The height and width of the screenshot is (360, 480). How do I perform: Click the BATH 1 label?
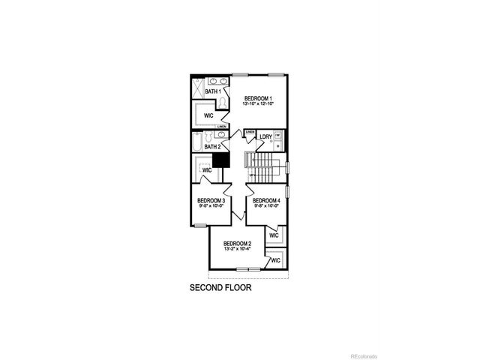(213, 91)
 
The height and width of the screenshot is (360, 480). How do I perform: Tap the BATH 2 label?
(213, 147)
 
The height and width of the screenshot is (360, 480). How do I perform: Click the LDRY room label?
(265, 137)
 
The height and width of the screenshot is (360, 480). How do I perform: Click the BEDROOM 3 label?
(211, 200)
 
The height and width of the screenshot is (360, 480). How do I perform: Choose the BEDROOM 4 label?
(266, 200)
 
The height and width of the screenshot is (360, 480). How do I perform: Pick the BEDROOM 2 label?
(237, 244)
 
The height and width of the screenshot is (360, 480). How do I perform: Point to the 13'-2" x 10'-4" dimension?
(237, 251)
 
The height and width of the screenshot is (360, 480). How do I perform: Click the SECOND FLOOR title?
(220, 287)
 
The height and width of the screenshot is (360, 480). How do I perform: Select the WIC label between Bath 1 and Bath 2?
(208, 116)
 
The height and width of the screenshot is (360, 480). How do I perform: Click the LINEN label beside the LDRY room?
(250, 132)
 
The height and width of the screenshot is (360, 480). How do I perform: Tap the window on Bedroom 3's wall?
(199, 225)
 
